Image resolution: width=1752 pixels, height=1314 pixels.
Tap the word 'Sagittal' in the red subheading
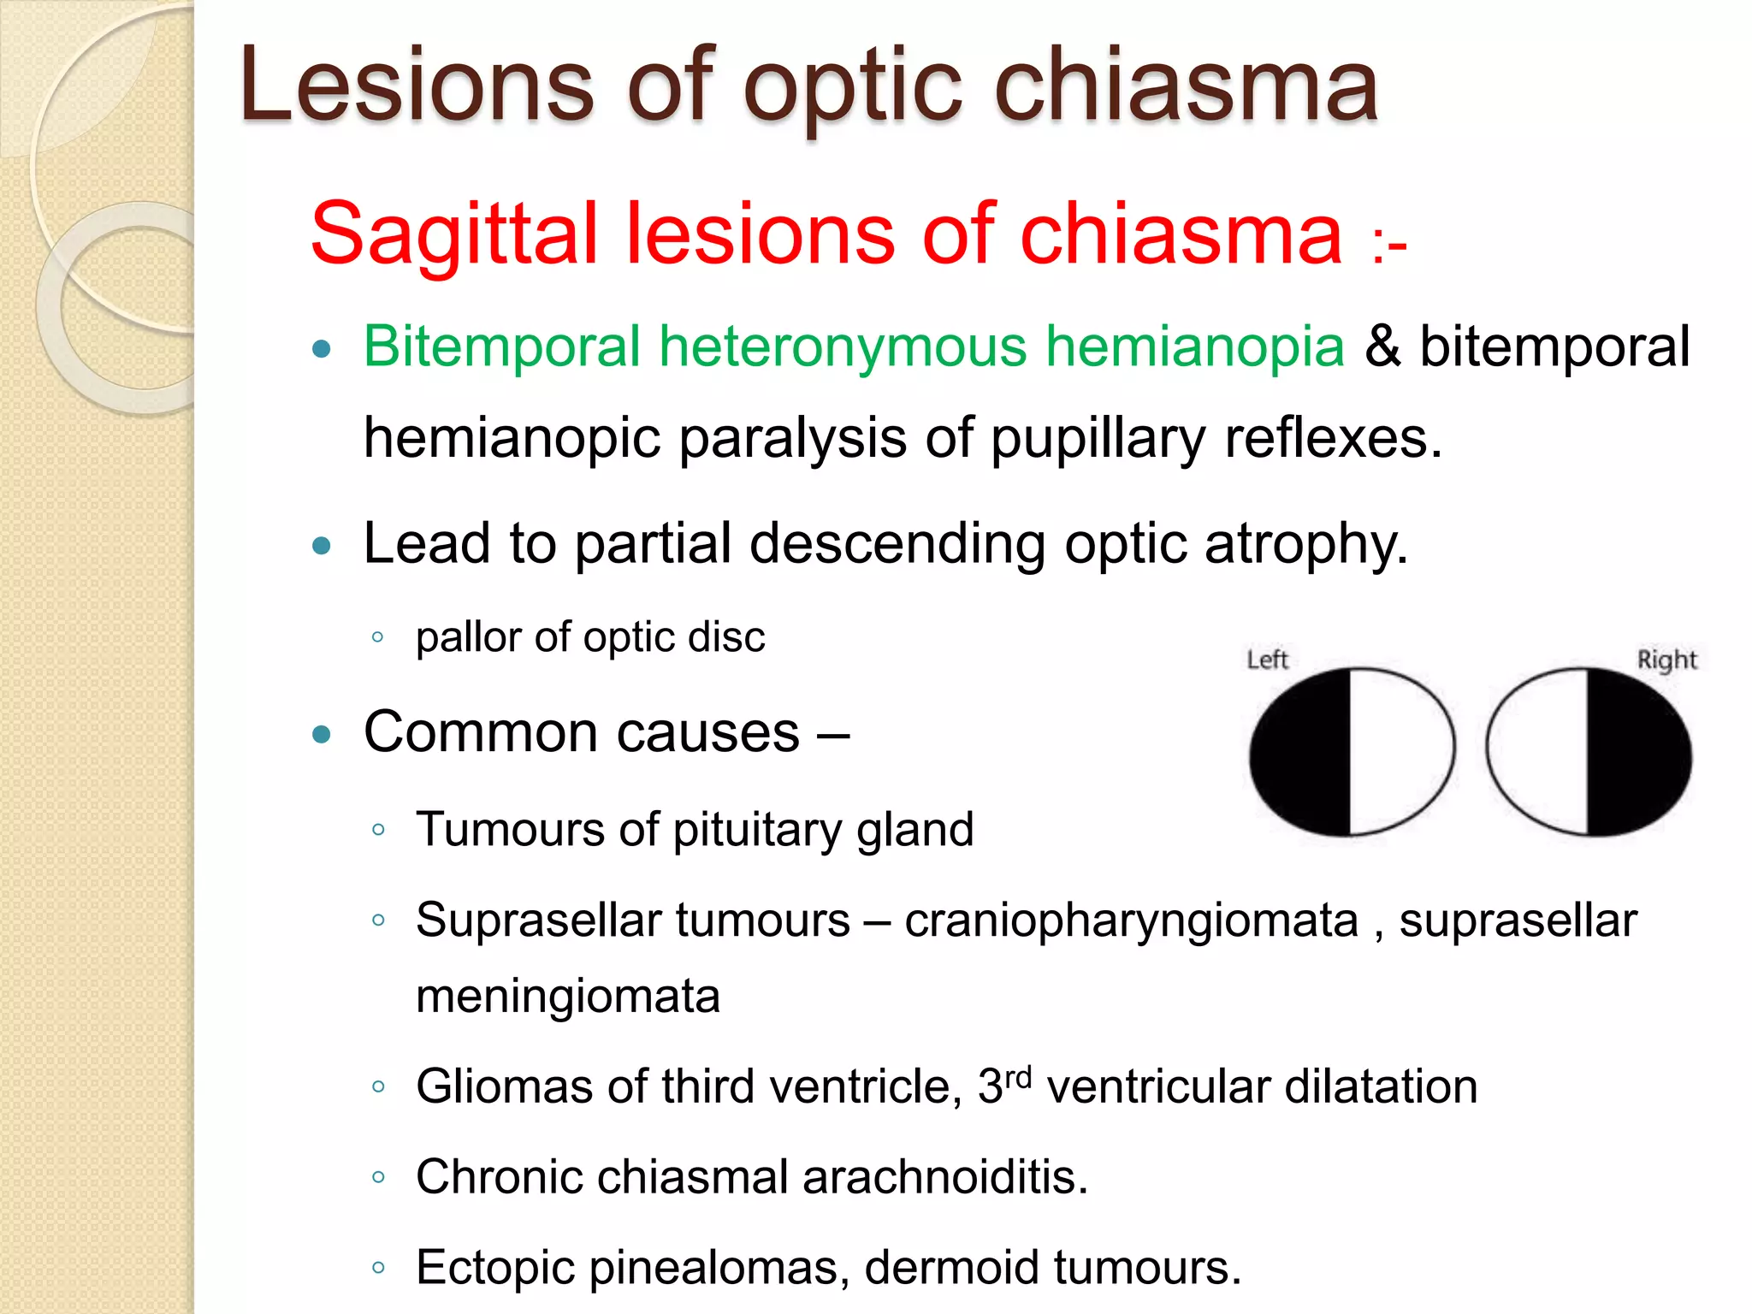pyautogui.click(x=453, y=234)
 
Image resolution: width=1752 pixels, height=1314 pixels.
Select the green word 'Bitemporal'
pyautogui.click(x=501, y=347)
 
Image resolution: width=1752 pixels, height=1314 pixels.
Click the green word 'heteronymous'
pyautogui.click(x=843, y=347)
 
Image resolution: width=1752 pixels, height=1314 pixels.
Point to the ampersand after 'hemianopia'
pyautogui.click(x=1382, y=347)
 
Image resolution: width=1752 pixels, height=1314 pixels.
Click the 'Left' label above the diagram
pyautogui.click(x=1267, y=660)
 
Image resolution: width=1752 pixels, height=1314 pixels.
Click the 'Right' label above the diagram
pyautogui.click(x=1666, y=660)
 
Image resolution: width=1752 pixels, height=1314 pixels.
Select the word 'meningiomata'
pyautogui.click(x=568, y=997)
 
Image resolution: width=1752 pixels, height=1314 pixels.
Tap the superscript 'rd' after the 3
pyautogui.click(x=1018, y=1076)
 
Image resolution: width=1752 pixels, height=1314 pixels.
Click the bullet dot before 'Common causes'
pyautogui.click(x=322, y=734)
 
